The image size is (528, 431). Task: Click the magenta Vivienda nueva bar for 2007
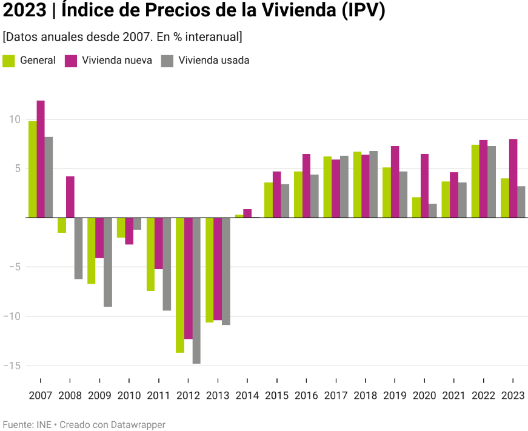pos(41,159)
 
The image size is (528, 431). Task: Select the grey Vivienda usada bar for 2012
pos(196,290)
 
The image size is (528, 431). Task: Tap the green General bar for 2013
pos(209,270)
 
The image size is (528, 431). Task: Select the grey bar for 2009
pos(107,262)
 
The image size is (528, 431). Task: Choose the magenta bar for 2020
pos(424,185)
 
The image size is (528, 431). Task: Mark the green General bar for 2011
pos(150,254)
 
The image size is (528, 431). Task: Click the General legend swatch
pos(9,61)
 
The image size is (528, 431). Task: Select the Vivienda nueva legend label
pos(117,61)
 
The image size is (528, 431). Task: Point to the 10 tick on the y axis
pos(15,119)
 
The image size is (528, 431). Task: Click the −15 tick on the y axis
pos(12,366)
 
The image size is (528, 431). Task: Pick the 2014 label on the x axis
pos(247,396)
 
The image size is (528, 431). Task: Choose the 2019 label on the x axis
pos(395,396)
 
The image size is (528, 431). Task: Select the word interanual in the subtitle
pos(213,37)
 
